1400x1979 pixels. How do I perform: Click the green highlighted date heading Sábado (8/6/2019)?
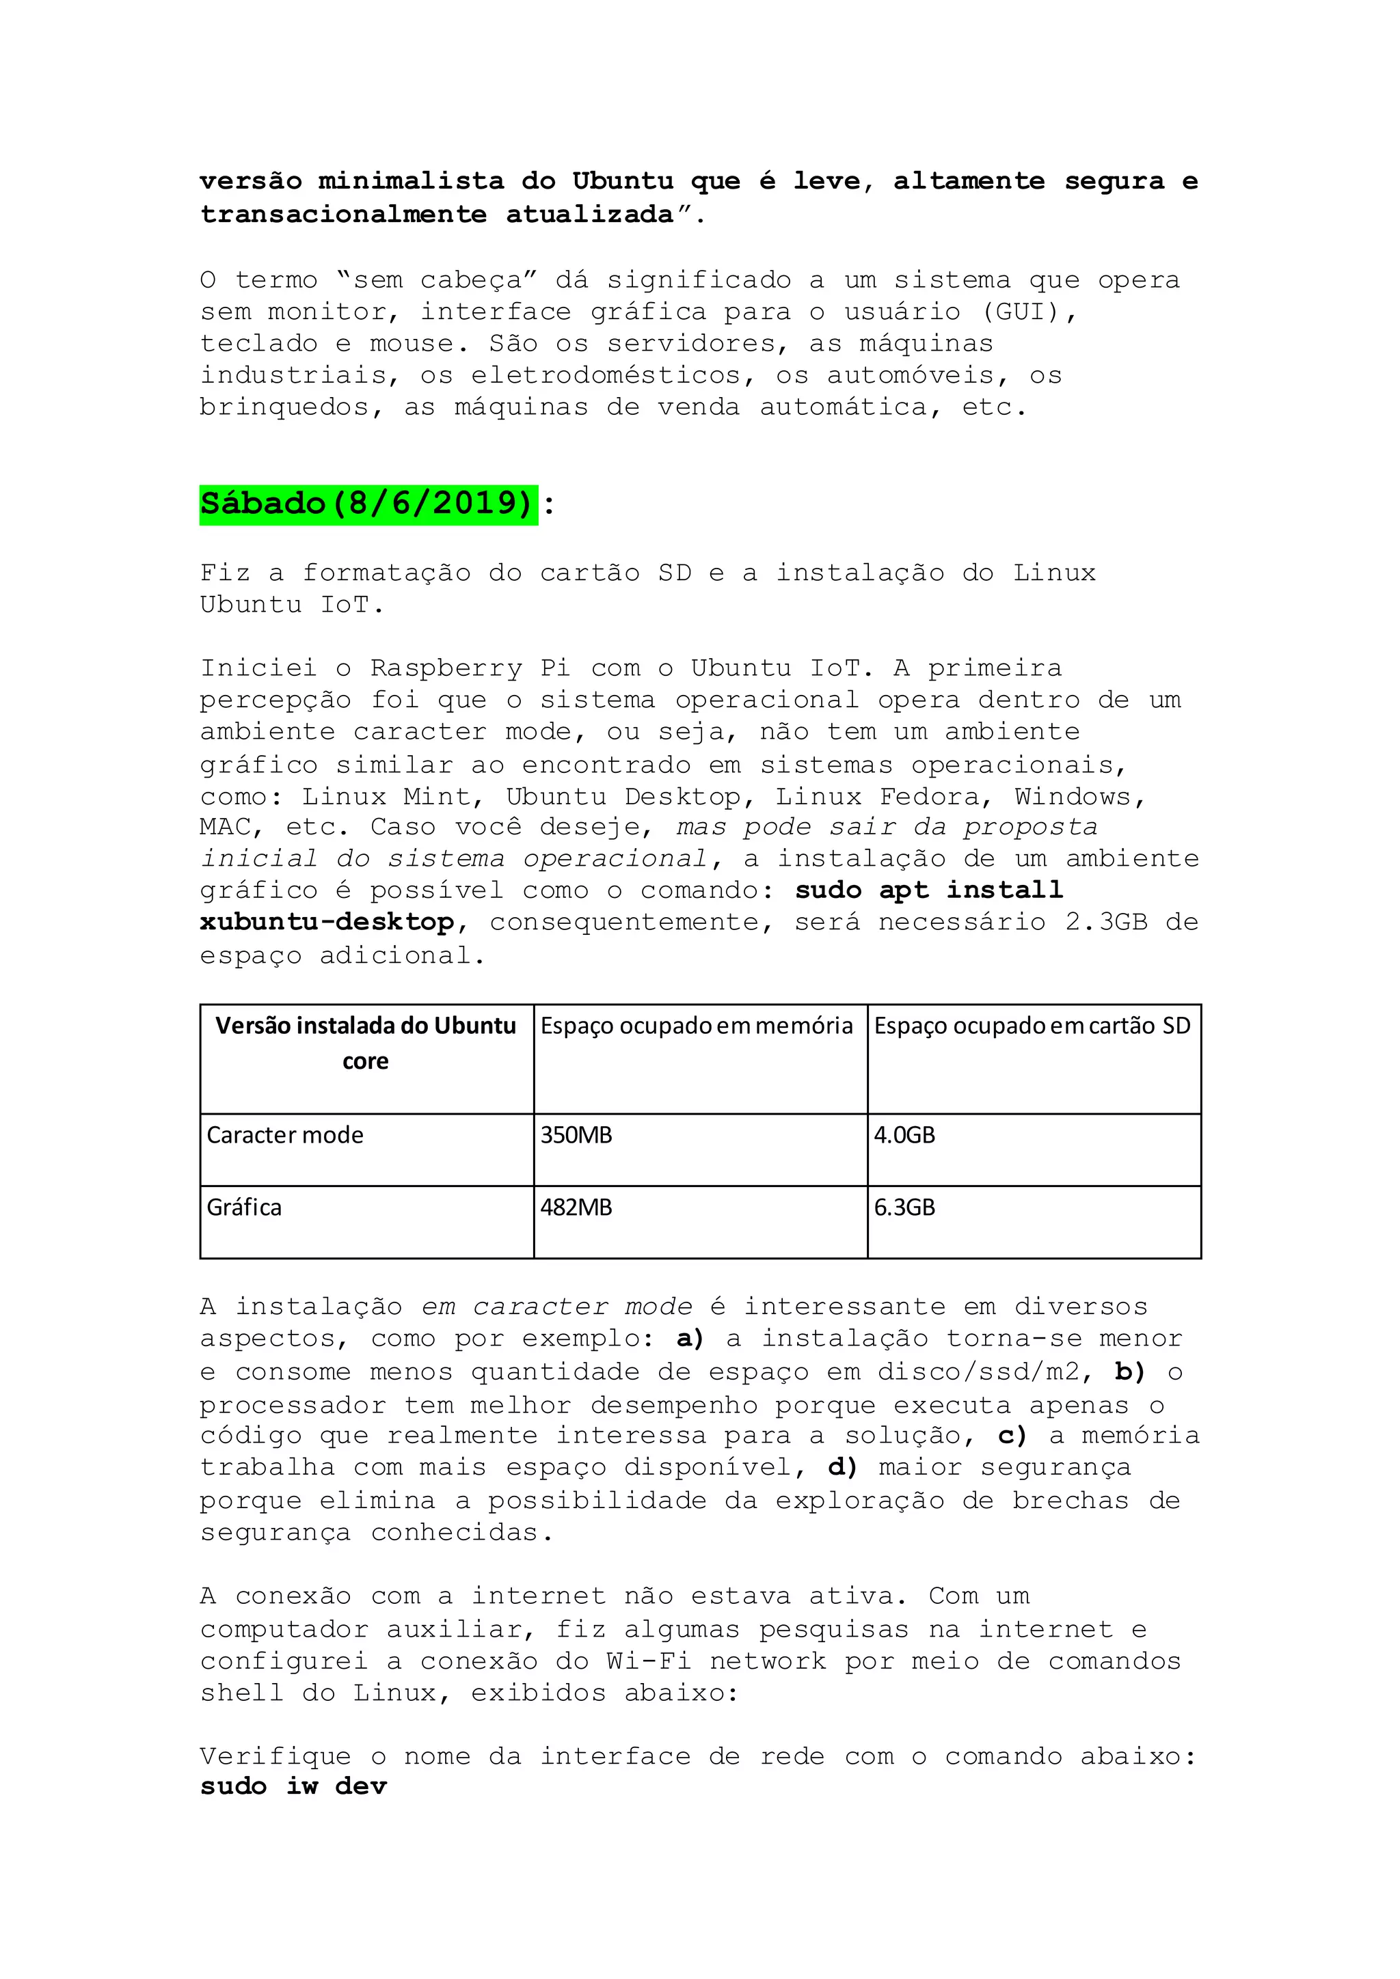[x=368, y=504]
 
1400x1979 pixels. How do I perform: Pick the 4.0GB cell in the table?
[x=904, y=1135]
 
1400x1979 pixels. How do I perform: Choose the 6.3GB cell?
[x=904, y=1207]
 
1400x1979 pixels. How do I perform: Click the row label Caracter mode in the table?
[x=284, y=1135]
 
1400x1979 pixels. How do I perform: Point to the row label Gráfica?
[x=244, y=1207]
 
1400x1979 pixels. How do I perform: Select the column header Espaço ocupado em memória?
[x=697, y=1026]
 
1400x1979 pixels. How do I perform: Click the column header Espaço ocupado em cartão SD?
[x=1032, y=1026]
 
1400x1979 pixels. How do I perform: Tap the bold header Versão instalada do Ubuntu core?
[x=366, y=1042]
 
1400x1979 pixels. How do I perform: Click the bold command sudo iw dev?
[x=293, y=1787]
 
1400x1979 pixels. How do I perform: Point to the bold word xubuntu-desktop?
[x=327, y=923]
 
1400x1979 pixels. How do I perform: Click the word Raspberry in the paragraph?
[x=446, y=668]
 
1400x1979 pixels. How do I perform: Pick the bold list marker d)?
[x=842, y=1467]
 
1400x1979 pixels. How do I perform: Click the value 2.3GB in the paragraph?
[x=1106, y=923]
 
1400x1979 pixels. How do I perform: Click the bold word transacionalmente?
[x=343, y=214]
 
